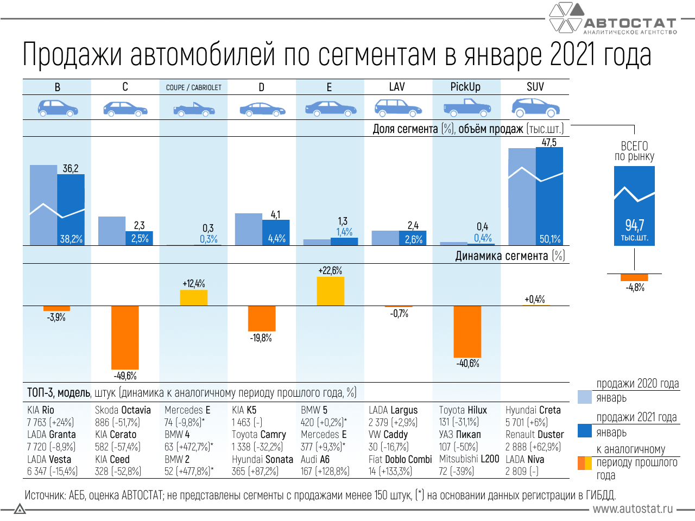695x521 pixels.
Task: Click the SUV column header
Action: (x=535, y=87)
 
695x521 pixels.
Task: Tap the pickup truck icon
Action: (x=467, y=107)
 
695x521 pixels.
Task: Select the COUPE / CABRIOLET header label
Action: (x=193, y=87)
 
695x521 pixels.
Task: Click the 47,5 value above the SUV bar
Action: (x=549, y=142)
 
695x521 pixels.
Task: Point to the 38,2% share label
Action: (x=71, y=239)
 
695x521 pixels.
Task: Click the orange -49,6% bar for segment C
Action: (x=125, y=337)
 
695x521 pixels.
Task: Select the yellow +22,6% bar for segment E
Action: (x=330, y=291)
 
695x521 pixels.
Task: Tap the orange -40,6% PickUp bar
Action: (x=467, y=331)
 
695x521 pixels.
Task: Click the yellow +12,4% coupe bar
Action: (x=194, y=297)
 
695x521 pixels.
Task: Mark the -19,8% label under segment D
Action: (x=261, y=338)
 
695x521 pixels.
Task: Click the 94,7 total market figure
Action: (x=634, y=225)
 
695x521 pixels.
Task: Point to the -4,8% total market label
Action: (x=635, y=288)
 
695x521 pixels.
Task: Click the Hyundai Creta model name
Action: (x=533, y=410)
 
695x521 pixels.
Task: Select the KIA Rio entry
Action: (x=41, y=410)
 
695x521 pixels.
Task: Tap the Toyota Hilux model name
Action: (x=463, y=410)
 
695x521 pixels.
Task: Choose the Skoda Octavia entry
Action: (x=123, y=410)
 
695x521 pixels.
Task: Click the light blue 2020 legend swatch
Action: (x=584, y=397)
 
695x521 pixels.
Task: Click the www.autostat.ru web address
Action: (x=633, y=509)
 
